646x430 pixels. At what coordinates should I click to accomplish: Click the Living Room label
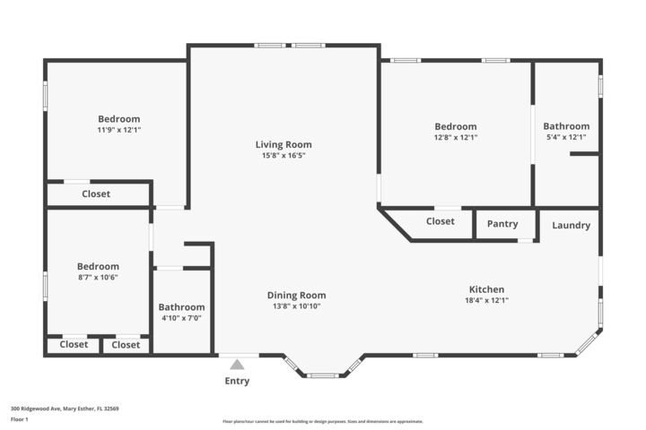point(283,144)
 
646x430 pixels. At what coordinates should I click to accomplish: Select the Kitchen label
point(486,289)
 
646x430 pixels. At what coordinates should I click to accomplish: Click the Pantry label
point(502,224)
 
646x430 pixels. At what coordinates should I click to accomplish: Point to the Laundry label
point(571,226)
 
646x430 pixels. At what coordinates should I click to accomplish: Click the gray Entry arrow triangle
point(237,365)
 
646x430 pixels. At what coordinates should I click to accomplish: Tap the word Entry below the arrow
point(237,382)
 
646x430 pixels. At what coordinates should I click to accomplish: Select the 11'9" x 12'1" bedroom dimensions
point(119,130)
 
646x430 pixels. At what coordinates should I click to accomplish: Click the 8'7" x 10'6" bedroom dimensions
point(98,278)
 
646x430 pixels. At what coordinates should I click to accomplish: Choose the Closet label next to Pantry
point(440,221)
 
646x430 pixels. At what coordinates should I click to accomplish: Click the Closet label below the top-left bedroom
point(96,193)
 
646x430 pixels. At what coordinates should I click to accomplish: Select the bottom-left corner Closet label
point(74,345)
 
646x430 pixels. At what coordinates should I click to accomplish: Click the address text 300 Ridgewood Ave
point(65,408)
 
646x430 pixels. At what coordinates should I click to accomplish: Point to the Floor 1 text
point(20,419)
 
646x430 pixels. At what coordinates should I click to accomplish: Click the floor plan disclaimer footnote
point(323,422)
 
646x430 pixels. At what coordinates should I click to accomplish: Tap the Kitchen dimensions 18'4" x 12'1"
point(486,301)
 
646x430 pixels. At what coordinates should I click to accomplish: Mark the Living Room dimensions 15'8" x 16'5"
point(283,156)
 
